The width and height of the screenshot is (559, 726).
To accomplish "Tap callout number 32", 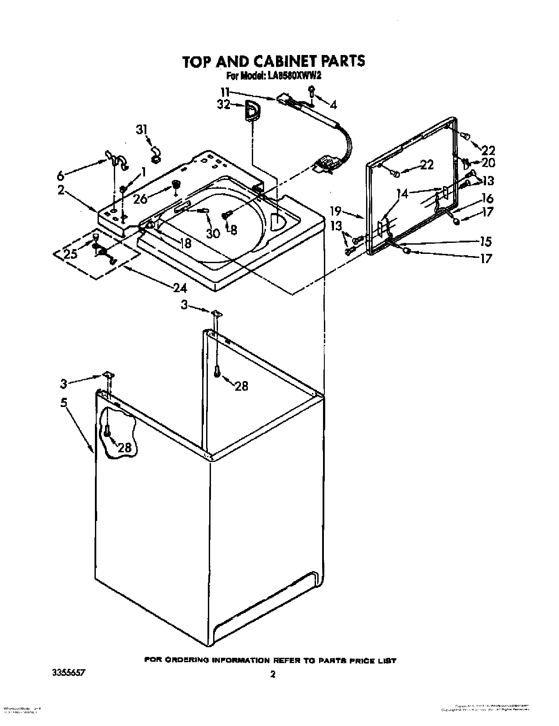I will (x=224, y=105).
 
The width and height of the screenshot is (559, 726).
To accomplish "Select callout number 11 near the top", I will (x=225, y=92).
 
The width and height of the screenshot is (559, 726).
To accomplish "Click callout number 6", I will (x=61, y=176).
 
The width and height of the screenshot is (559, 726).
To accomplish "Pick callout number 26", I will (x=140, y=199).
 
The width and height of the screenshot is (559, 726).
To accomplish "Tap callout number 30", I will (x=213, y=233).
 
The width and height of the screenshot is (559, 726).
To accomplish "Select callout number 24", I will (x=180, y=288).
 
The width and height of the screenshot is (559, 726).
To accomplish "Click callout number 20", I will (x=488, y=162).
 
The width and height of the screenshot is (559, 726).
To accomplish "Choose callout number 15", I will (x=486, y=242).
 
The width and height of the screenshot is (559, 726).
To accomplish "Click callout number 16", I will (x=487, y=198).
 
